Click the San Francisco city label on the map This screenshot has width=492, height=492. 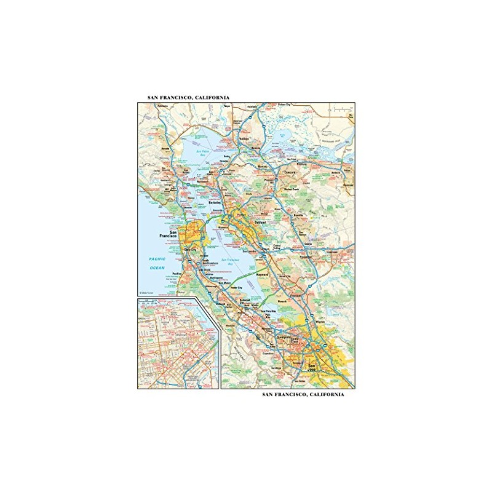(x=169, y=234)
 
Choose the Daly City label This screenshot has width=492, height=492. (x=190, y=249)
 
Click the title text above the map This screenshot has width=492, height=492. (x=188, y=97)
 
